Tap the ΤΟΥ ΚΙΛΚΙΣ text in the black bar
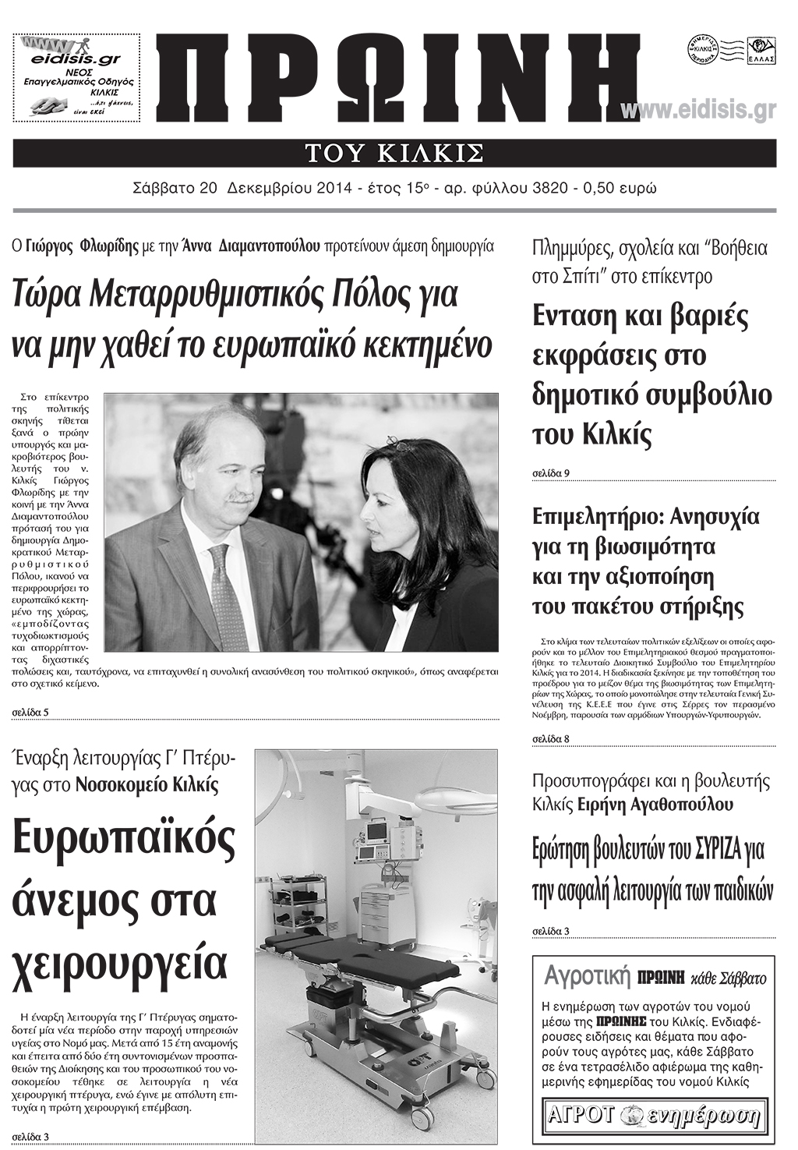pyautogui.click(x=394, y=153)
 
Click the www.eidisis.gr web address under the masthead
pyautogui.click(x=698, y=110)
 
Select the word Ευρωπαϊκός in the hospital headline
pyautogui.click(x=124, y=840)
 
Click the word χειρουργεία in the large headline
pyautogui.click(x=121, y=964)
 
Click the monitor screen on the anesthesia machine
pyautogui.click(x=376, y=832)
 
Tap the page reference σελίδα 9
pyautogui.click(x=550, y=473)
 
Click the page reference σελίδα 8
pyautogui.click(x=550, y=738)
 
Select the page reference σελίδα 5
pyautogui.click(x=31, y=713)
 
